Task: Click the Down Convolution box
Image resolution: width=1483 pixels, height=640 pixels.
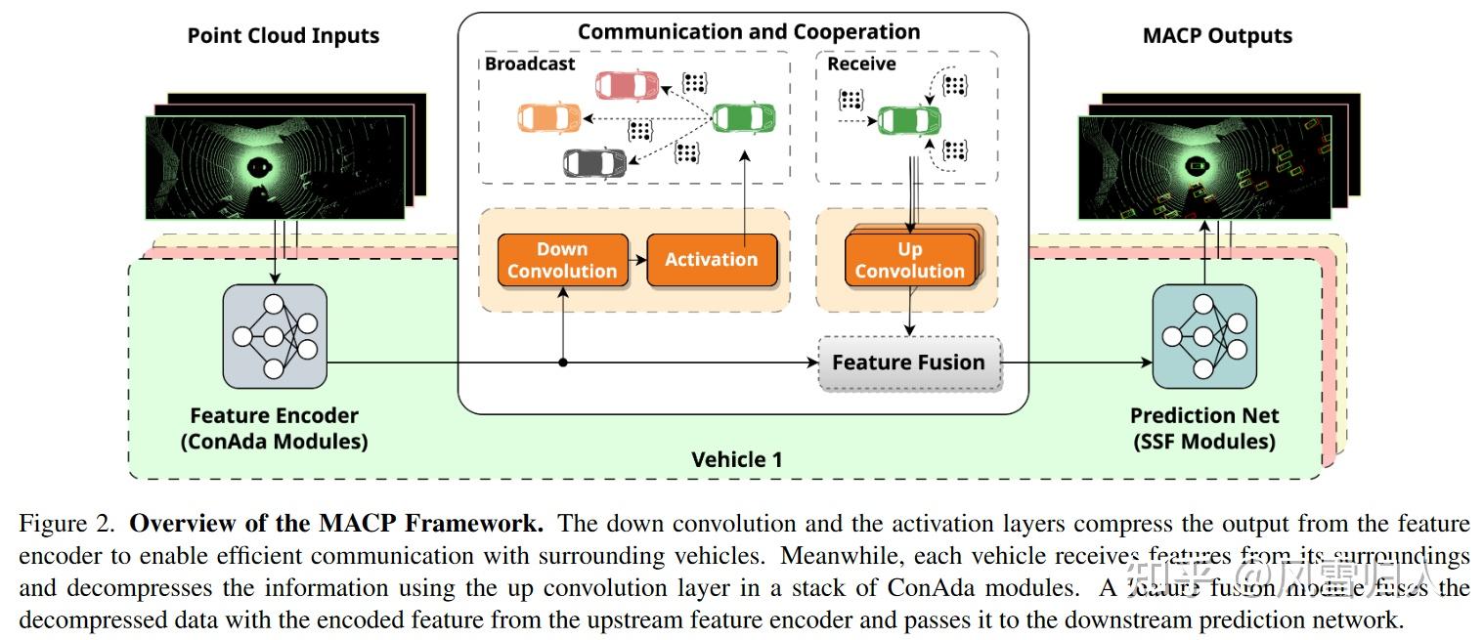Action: (x=562, y=260)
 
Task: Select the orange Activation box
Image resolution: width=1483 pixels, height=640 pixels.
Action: (x=711, y=260)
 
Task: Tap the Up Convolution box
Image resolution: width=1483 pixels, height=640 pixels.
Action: (x=909, y=260)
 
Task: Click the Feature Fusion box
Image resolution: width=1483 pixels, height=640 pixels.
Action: (x=908, y=363)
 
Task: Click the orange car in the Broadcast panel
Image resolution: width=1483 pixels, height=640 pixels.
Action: (x=549, y=118)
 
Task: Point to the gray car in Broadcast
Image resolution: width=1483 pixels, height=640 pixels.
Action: (x=594, y=161)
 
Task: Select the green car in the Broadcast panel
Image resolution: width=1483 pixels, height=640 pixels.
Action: (x=743, y=118)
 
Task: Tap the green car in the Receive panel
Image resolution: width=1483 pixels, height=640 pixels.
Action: (x=909, y=120)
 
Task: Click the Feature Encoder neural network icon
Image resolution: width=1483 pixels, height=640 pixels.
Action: (x=274, y=336)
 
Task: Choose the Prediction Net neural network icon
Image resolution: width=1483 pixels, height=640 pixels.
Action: (x=1203, y=336)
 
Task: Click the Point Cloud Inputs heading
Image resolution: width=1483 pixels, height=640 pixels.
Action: (x=283, y=36)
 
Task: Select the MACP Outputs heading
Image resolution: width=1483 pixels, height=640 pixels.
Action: (x=1217, y=36)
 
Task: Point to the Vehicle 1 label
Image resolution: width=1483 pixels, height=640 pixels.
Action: (x=736, y=459)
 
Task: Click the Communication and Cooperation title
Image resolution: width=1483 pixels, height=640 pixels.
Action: (x=748, y=31)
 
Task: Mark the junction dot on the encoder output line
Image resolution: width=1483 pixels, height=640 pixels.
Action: (x=563, y=363)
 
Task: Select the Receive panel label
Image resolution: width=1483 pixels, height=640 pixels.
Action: (x=861, y=64)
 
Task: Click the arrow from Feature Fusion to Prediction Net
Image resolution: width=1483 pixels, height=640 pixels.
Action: (x=1075, y=363)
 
